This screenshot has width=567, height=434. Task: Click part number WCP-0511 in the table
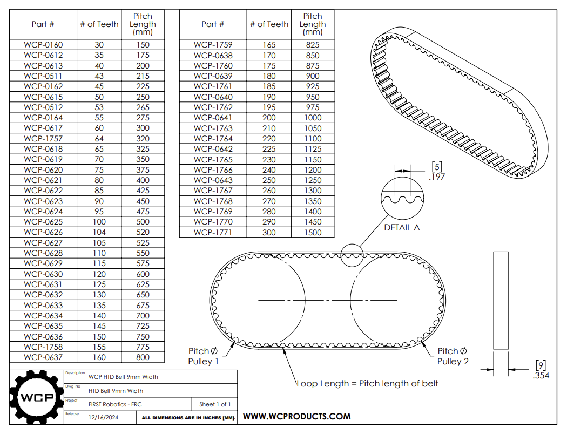point(43,76)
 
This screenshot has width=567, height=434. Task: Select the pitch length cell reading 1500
point(312,233)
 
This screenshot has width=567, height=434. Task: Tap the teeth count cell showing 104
point(99,232)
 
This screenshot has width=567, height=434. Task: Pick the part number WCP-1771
point(213,233)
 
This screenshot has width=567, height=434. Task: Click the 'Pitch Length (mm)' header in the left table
point(143,24)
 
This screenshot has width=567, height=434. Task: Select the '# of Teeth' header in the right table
point(269,24)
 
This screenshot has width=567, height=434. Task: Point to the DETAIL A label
point(401,228)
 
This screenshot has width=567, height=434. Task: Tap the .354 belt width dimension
point(541,375)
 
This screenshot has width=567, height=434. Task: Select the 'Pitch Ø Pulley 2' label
point(453,356)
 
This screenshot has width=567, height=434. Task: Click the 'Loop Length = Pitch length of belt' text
point(367,383)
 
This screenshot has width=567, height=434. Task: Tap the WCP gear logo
point(37,398)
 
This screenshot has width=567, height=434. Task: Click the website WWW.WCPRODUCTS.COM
point(296,416)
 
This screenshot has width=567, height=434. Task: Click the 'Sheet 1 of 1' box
point(214,404)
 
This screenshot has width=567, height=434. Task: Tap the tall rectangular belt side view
point(501,300)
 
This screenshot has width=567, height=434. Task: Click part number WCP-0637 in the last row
point(43,357)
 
